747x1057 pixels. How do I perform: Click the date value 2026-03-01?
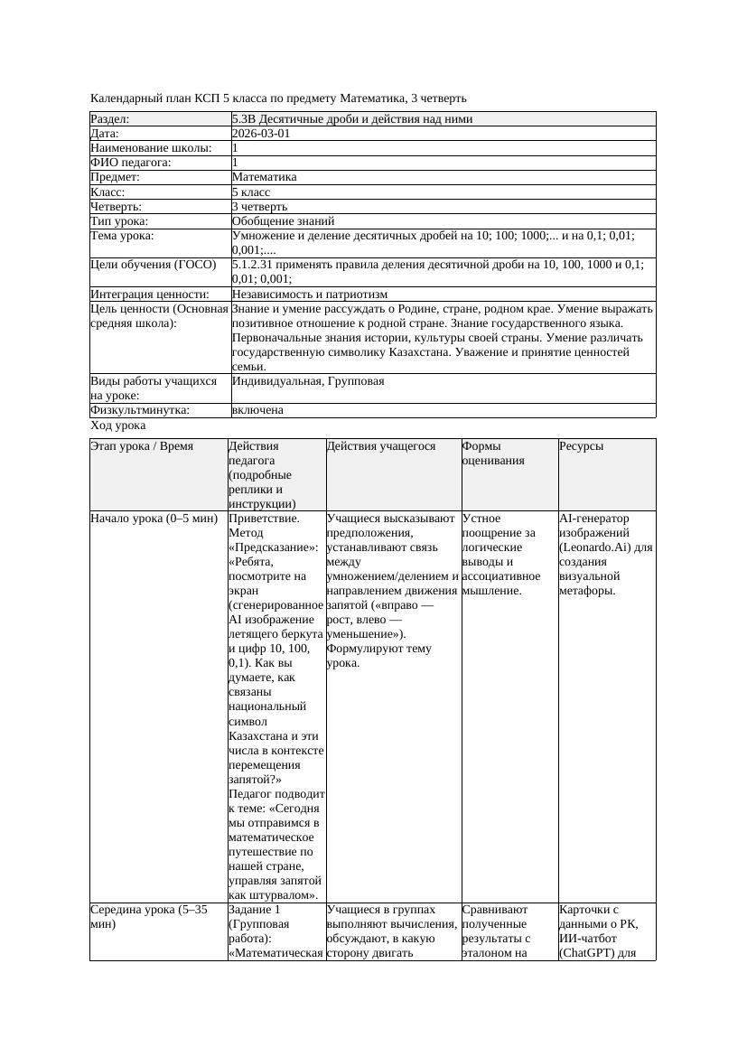[261, 134]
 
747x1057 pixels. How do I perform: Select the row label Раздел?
[110, 119]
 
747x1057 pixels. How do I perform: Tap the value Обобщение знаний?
[283, 220]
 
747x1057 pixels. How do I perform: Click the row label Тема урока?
[122, 236]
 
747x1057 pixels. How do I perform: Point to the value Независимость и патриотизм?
[309, 295]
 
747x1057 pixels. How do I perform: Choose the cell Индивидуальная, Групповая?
[308, 381]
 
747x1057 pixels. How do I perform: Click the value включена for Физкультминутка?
[257, 410]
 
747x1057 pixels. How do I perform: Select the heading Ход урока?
[118, 426]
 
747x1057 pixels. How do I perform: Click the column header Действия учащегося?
[381, 446]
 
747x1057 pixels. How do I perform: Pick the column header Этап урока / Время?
[142, 446]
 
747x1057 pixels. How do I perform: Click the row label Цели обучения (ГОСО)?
[154, 265]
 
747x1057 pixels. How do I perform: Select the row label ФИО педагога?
[131, 163]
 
